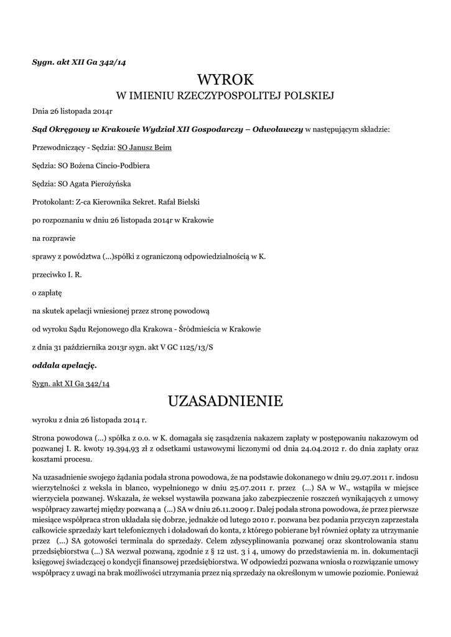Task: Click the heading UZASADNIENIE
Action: pyautogui.click(x=225, y=401)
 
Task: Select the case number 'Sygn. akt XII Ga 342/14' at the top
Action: pyautogui.click(x=79, y=62)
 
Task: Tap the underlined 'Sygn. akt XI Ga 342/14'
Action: pyautogui.click(x=71, y=383)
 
